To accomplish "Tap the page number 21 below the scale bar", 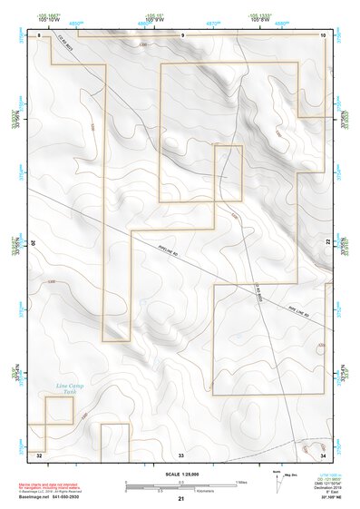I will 181,499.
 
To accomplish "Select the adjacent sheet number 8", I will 41,34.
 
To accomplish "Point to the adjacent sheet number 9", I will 182,34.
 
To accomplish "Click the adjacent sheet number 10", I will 323,34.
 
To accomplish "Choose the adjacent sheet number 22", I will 328,242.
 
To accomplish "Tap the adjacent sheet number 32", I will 39,453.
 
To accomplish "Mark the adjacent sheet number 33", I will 181,453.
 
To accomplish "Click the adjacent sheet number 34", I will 323,453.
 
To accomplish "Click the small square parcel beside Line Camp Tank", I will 59,411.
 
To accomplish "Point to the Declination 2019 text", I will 322,487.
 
